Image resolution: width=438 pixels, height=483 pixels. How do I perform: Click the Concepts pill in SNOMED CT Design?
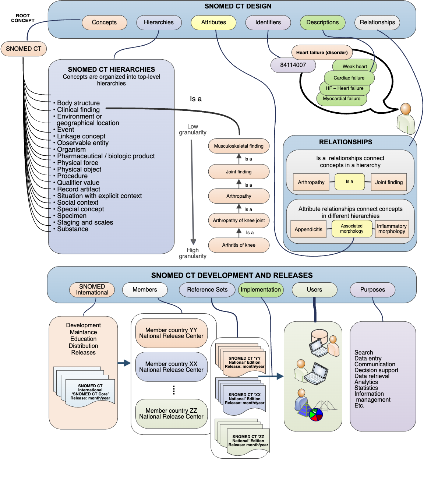[x=104, y=22]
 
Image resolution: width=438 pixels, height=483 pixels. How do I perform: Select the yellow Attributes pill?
[x=213, y=22]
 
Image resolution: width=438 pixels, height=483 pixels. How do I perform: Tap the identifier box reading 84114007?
[x=293, y=65]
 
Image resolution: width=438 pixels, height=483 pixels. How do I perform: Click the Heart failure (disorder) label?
[x=322, y=53]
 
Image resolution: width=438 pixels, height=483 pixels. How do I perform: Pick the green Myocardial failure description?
[x=342, y=99]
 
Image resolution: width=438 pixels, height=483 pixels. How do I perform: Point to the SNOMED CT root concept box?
[x=24, y=49]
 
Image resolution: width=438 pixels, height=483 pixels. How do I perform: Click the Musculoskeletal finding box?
[x=239, y=146]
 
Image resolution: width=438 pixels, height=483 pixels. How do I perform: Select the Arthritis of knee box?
[x=239, y=245]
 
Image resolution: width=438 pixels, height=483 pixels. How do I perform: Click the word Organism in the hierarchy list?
[x=71, y=149]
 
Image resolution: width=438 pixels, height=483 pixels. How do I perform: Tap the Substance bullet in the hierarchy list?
[x=73, y=229]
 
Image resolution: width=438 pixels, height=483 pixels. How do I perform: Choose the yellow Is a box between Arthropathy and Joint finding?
[x=349, y=181]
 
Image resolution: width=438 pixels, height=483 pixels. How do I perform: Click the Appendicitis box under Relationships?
[x=308, y=229]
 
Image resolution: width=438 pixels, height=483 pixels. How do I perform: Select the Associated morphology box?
[x=352, y=229]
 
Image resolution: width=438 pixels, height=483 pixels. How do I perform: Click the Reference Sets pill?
[x=207, y=290]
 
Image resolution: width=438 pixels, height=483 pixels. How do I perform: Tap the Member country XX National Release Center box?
[x=171, y=367]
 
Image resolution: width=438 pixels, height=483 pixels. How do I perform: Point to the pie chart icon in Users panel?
[x=316, y=415]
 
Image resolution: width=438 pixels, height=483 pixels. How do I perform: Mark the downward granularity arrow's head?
[x=193, y=241]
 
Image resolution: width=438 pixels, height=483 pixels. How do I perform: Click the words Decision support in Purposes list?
[x=376, y=370]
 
